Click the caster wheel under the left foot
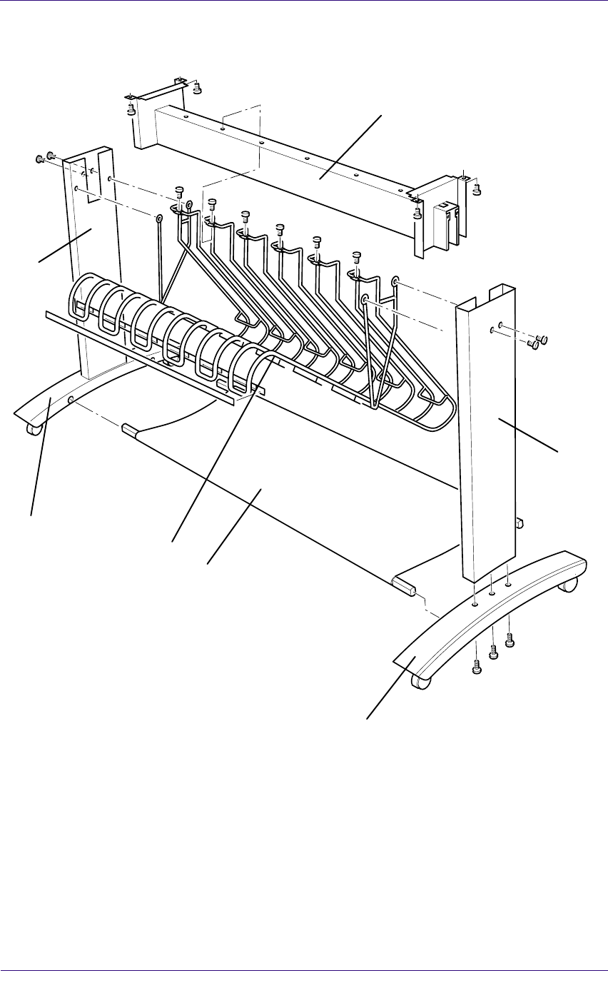31,428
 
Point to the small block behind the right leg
520,523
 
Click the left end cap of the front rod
128,428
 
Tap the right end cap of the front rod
404,587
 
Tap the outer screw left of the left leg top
40,158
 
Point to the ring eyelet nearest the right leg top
395,283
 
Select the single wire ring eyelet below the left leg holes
158,217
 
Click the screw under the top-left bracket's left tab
131,109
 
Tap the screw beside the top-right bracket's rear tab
477,188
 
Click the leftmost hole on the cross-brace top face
184,114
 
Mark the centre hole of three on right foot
492,592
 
